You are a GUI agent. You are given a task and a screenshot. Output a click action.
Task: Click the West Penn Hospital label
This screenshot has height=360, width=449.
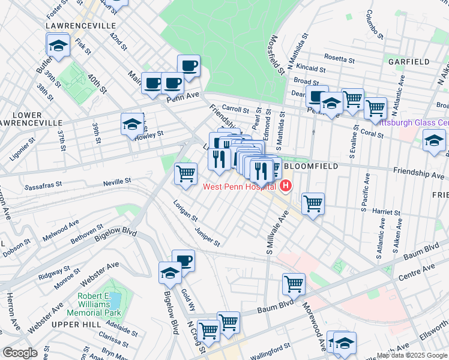click(x=238, y=187)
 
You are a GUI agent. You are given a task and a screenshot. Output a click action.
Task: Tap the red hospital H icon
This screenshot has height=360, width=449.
click(x=285, y=187)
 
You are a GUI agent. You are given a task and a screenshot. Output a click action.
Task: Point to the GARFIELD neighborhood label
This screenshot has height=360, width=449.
click(x=408, y=62)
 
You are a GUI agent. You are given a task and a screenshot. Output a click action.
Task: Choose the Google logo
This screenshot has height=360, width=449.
click(x=20, y=353)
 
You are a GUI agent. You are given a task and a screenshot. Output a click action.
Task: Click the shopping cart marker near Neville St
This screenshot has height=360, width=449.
click(x=186, y=173)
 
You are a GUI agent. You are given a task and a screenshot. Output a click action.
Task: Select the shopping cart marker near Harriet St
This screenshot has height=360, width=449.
click(x=313, y=203)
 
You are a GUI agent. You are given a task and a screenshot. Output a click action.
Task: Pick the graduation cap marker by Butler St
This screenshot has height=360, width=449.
click(x=58, y=45)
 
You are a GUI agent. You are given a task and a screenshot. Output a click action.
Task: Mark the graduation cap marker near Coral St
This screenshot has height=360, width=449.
click(x=434, y=141)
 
